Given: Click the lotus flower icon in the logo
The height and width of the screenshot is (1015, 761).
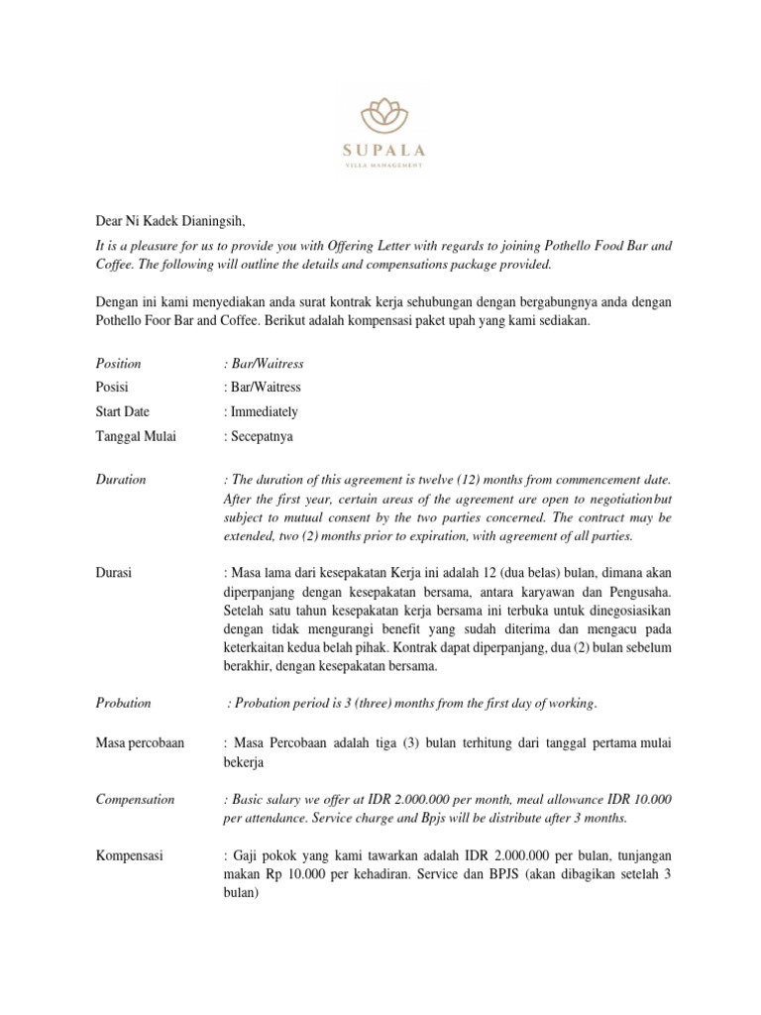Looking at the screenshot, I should click(380, 115).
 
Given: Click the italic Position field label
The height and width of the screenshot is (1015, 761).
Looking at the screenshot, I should click(118, 364).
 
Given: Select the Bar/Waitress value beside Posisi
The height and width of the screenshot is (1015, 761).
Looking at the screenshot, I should click(264, 388).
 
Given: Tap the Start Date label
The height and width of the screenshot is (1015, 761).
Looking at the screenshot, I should click(124, 411).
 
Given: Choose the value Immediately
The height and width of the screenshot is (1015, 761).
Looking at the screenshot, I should click(262, 411).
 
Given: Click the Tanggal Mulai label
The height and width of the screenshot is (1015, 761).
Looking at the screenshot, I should click(135, 435).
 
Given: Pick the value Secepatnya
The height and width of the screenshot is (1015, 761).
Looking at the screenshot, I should click(259, 435).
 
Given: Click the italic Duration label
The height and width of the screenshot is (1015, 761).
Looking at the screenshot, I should click(120, 480).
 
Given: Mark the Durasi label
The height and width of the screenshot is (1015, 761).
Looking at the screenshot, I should click(114, 573).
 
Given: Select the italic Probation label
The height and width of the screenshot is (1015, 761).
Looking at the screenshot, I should click(123, 703).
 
